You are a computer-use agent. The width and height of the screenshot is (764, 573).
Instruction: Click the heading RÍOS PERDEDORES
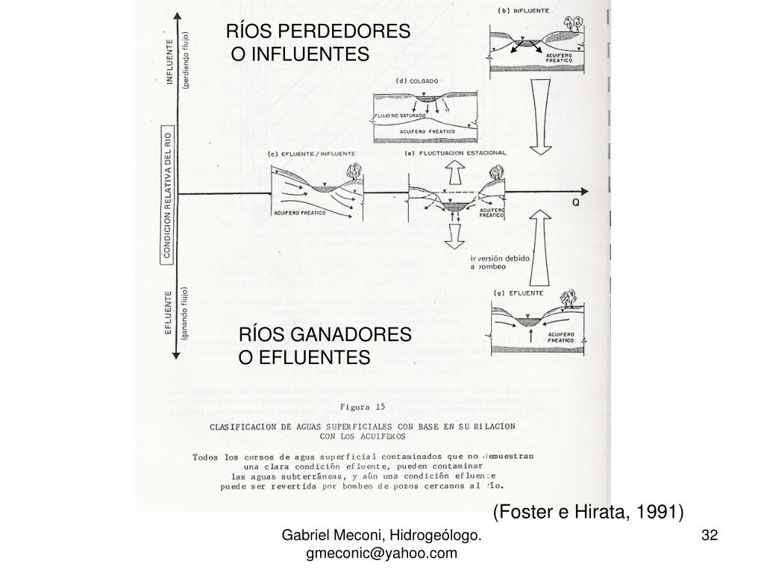point(319,32)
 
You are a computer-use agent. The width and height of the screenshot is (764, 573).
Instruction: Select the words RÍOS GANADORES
point(325,335)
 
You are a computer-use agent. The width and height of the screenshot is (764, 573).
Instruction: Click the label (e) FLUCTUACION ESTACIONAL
point(455,153)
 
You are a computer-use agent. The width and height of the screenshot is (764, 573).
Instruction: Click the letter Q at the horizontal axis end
point(576,202)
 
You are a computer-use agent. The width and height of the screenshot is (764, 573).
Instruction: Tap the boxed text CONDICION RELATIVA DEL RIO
point(168,195)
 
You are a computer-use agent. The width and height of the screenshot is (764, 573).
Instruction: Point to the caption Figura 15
point(362,407)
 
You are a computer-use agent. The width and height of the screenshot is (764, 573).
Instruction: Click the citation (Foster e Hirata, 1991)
point(588,512)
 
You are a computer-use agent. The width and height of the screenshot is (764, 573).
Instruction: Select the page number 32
point(710,535)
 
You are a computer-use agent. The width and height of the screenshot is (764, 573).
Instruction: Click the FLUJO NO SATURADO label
point(401,116)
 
